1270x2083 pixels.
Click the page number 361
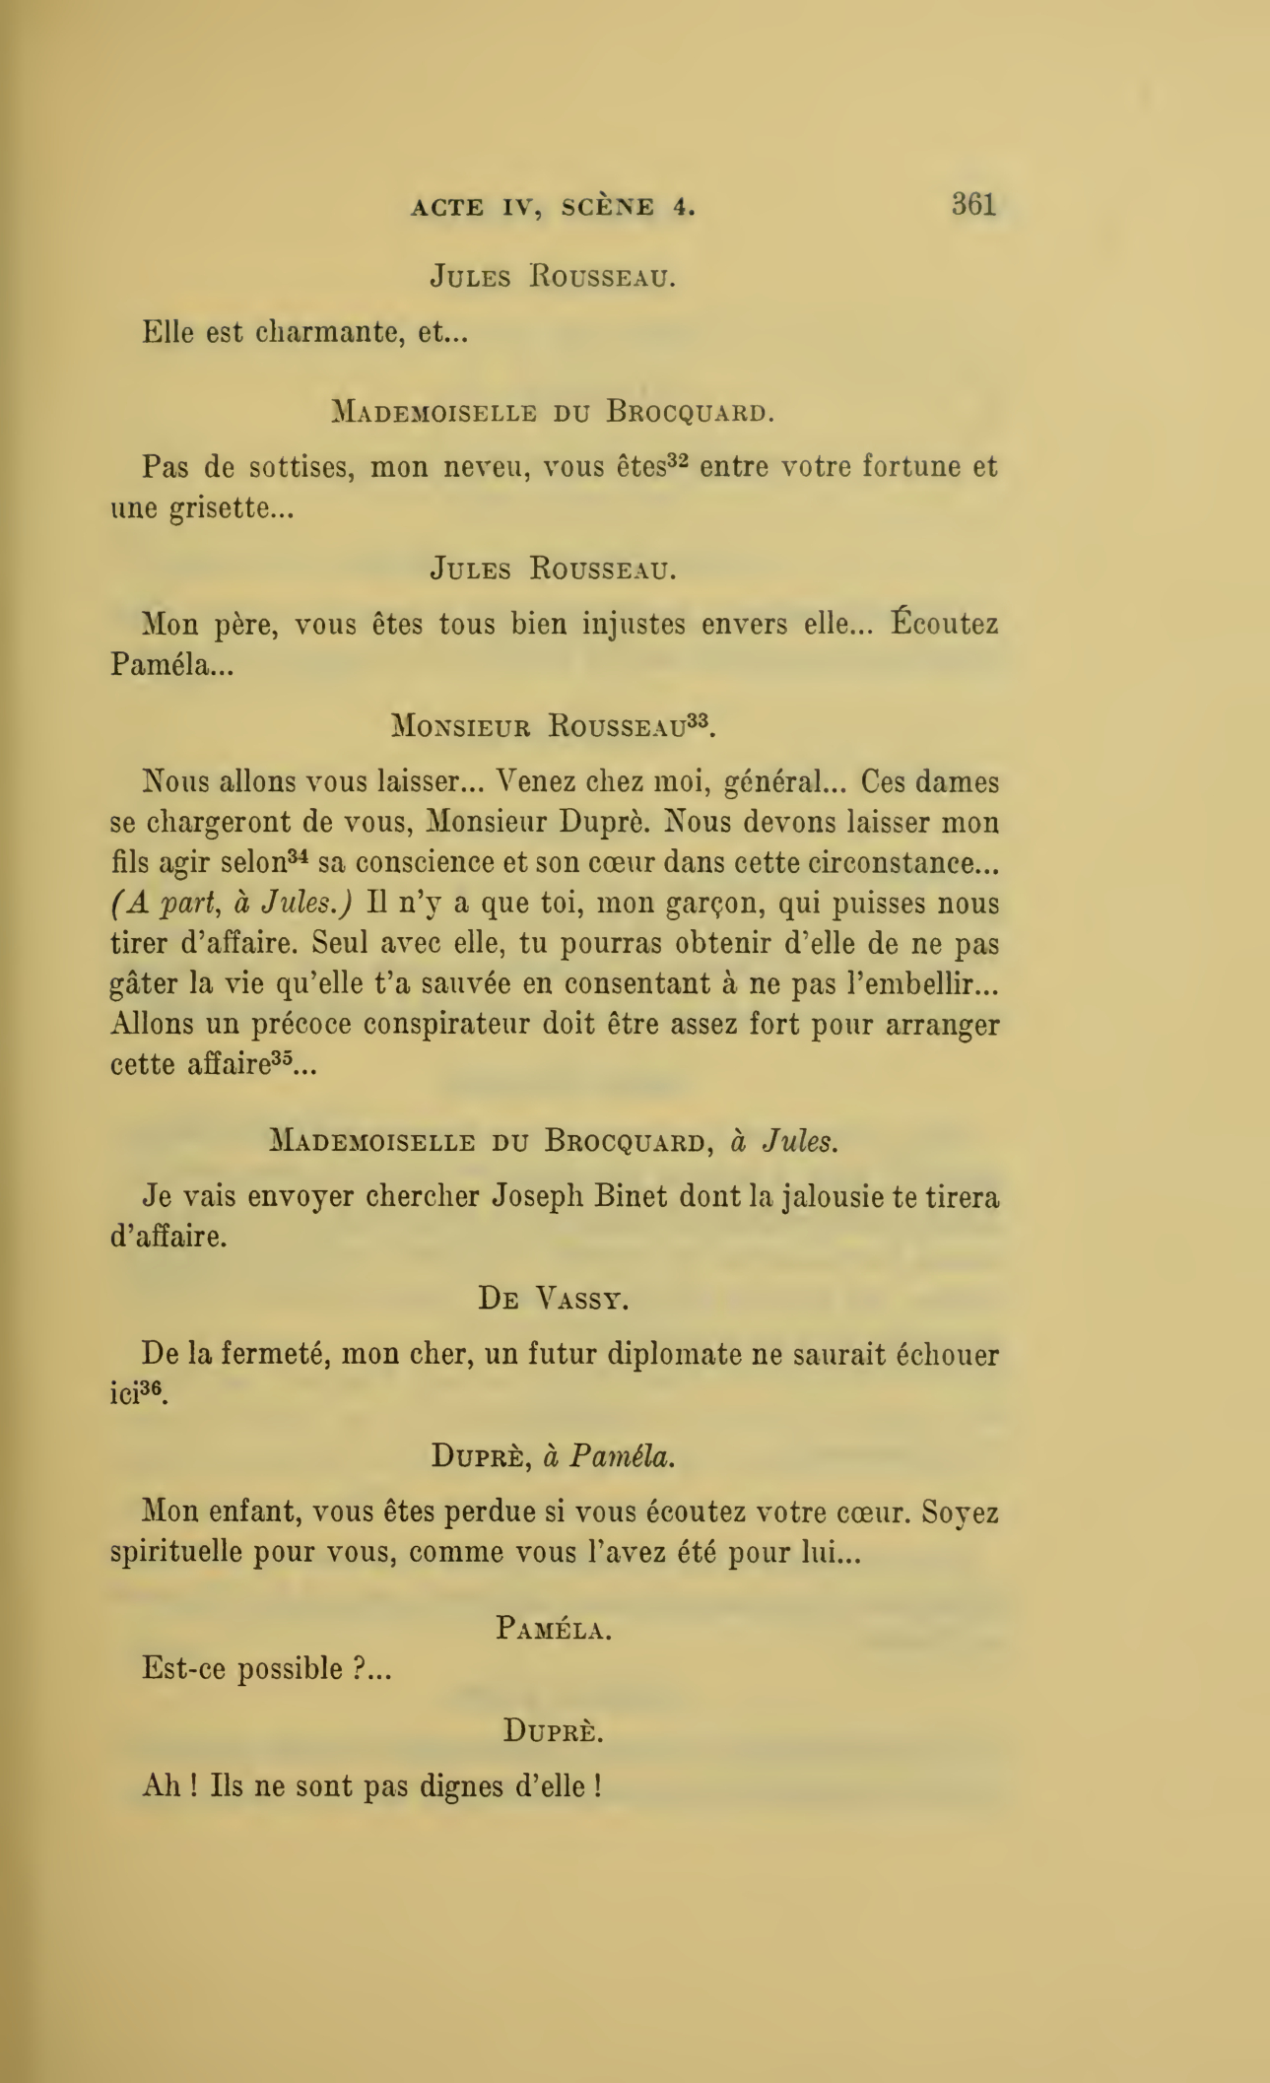point(973,204)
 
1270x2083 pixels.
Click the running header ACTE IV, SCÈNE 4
point(553,207)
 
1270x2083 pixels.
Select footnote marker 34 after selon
point(300,856)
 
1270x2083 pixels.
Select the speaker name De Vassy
point(554,1299)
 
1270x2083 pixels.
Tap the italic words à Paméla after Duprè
point(609,1456)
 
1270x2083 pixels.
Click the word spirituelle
point(176,1552)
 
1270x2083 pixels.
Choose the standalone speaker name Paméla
point(554,1629)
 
